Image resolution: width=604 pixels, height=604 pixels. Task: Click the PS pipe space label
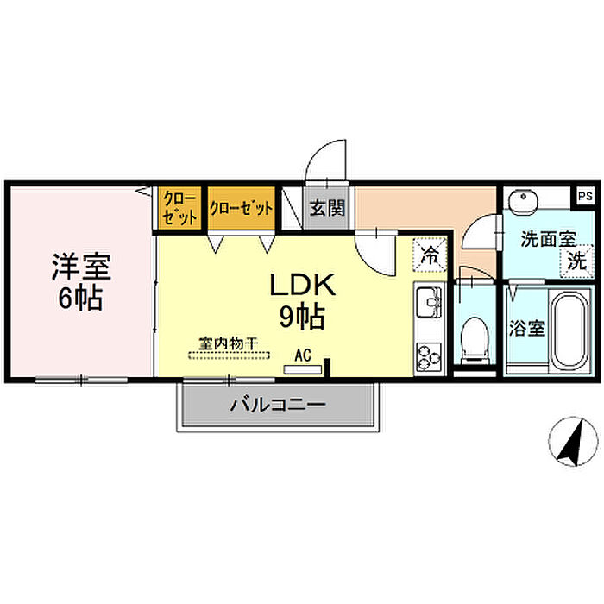(585, 196)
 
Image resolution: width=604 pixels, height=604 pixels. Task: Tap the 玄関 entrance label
(327, 209)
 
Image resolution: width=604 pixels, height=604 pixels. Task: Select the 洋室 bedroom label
(81, 266)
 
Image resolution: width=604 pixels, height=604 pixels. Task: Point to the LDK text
(302, 285)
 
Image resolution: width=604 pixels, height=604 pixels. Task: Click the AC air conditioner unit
(302, 370)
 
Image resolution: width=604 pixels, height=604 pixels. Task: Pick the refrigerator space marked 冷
(430, 255)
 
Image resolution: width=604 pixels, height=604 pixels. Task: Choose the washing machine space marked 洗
(576, 261)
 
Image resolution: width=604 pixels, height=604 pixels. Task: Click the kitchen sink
(430, 303)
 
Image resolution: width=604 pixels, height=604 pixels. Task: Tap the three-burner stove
(429, 356)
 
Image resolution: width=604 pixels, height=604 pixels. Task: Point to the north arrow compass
(573, 442)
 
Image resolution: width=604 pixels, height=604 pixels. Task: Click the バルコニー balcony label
(278, 405)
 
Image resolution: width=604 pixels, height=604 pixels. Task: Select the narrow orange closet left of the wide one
(179, 208)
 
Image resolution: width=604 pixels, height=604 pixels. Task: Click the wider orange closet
(242, 208)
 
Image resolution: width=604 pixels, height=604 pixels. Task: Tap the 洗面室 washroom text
(549, 239)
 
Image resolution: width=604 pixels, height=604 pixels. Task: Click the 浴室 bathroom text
(527, 329)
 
